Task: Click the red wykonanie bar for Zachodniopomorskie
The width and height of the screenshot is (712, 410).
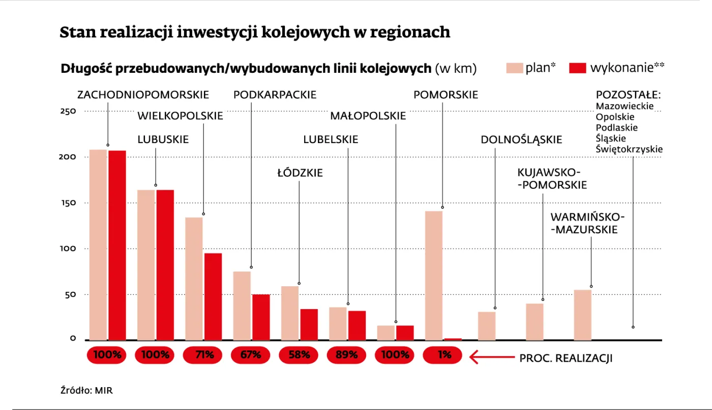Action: (117, 245)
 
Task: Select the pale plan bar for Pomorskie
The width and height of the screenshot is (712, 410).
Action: (434, 275)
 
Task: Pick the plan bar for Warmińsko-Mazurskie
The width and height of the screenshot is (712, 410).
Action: (582, 315)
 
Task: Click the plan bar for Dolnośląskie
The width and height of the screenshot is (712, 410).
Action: (487, 325)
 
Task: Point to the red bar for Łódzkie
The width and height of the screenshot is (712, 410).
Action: (309, 324)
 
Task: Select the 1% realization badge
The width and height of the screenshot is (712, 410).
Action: (443, 355)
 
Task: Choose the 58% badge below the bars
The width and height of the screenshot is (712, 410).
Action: (299, 355)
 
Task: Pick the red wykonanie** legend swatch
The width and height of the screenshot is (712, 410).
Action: (578, 68)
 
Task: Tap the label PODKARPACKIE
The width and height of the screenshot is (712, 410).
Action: (275, 95)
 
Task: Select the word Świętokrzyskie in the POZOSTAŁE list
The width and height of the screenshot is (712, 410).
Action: (629, 149)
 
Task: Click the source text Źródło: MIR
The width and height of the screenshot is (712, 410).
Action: (86, 391)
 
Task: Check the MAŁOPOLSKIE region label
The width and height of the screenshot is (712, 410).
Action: (368, 116)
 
